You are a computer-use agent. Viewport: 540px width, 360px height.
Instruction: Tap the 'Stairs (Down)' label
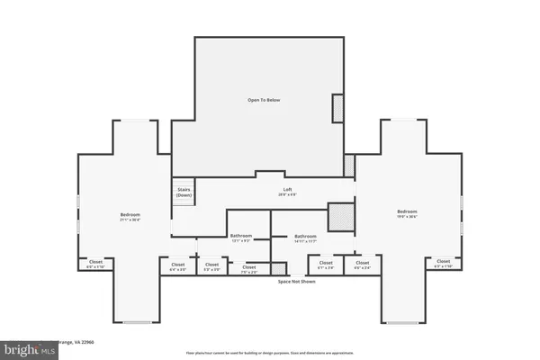tap(184, 193)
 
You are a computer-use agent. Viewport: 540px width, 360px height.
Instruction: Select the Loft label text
tap(288, 191)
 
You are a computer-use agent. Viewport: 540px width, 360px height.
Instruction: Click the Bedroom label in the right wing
tap(408, 213)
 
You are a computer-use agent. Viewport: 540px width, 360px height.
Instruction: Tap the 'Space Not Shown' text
tap(296, 282)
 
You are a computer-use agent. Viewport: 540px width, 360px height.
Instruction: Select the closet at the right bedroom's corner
tap(444, 265)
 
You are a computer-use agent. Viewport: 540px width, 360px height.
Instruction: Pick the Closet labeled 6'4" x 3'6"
tap(178, 267)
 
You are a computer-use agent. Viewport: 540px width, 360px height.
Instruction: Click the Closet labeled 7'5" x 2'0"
tap(247, 268)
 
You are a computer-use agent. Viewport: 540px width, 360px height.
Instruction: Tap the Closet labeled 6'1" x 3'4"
tap(326, 266)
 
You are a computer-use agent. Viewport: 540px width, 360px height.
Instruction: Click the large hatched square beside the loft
tap(340, 217)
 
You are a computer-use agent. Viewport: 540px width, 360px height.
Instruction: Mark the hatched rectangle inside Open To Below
tap(337, 108)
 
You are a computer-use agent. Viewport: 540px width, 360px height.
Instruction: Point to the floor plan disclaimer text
tap(269, 352)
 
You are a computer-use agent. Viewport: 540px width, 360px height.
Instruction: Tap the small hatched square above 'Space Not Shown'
tap(279, 268)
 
